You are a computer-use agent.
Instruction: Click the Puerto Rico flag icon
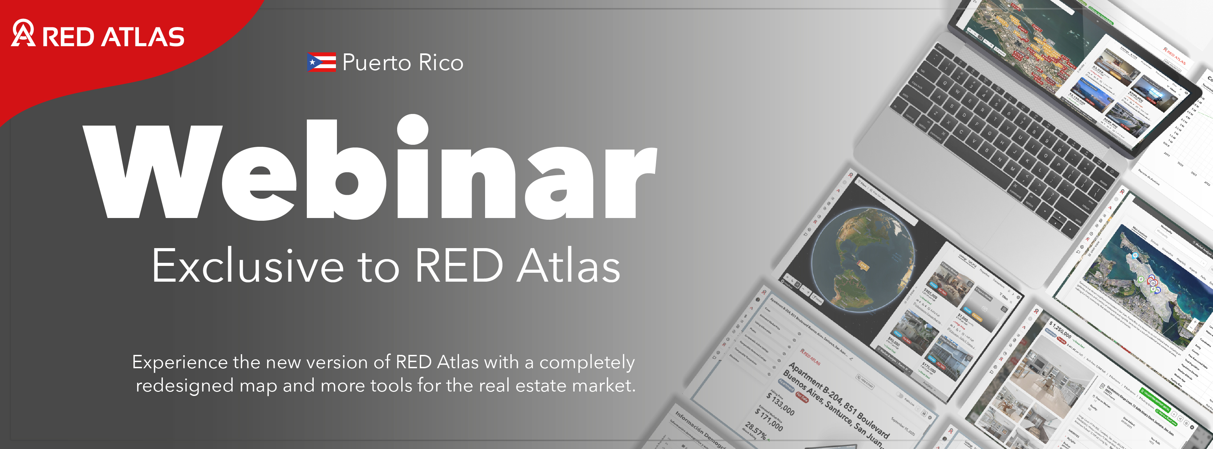pyautogui.click(x=321, y=62)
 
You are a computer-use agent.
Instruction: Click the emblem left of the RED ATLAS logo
pyautogui.click(x=23, y=33)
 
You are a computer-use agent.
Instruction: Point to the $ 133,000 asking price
pyautogui.click(x=781, y=404)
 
